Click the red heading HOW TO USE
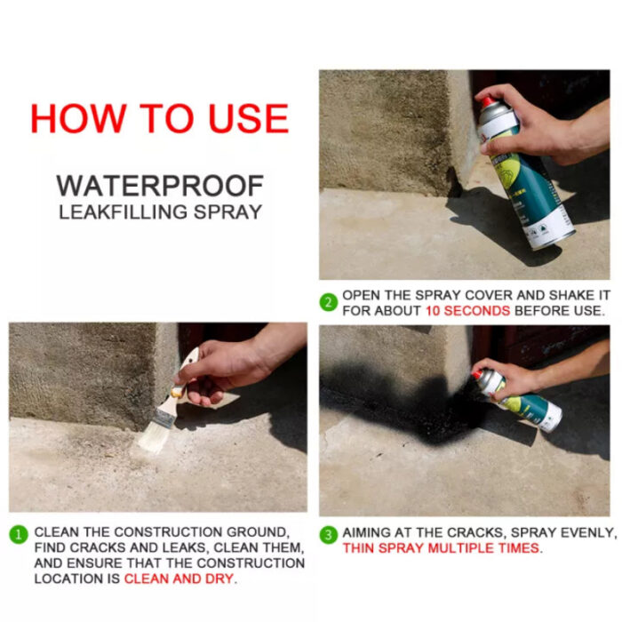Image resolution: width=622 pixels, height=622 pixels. tap(159, 118)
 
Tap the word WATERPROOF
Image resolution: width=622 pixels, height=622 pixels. tap(160, 186)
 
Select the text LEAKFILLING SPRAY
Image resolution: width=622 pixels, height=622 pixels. tap(160, 212)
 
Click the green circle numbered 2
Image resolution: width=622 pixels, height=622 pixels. tap(329, 302)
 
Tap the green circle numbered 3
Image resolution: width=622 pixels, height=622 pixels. tap(329, 534)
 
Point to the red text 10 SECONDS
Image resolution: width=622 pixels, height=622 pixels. tap(466, 311)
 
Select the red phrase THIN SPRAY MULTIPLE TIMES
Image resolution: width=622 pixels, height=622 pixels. tap(441, 548)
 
